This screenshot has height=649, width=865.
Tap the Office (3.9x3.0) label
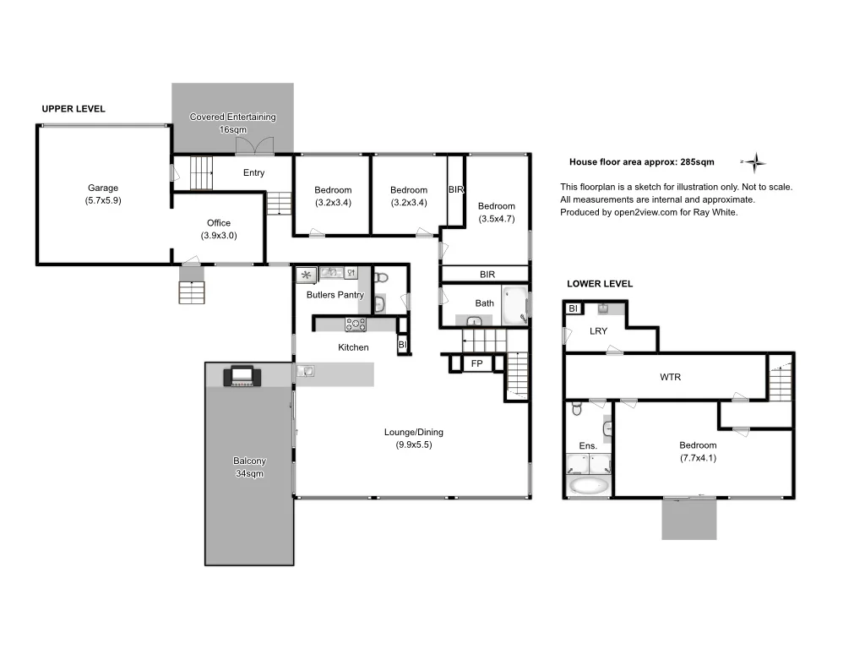point(219,229)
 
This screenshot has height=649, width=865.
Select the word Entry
point(253,172)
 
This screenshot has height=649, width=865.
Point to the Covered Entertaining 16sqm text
point(232,123)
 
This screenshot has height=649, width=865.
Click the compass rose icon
point(756,161)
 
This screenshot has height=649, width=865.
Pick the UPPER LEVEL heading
point(73,109)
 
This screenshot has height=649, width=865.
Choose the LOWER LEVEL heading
point(600,284)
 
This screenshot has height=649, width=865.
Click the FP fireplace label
point(476,363)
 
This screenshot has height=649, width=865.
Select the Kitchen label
point(353,347)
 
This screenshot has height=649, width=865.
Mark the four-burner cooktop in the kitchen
point(355,324)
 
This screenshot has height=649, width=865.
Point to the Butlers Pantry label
point(335,295)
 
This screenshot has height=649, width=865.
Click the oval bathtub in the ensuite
point(589,486)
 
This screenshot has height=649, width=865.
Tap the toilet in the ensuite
point(576,410)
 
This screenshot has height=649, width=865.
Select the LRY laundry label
point(598,331)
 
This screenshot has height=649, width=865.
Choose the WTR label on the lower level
point(670,377)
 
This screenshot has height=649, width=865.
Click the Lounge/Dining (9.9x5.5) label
point(413,438)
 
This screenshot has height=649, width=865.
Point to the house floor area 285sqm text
point(641,161)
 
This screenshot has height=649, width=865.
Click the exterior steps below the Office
point(192,292)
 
